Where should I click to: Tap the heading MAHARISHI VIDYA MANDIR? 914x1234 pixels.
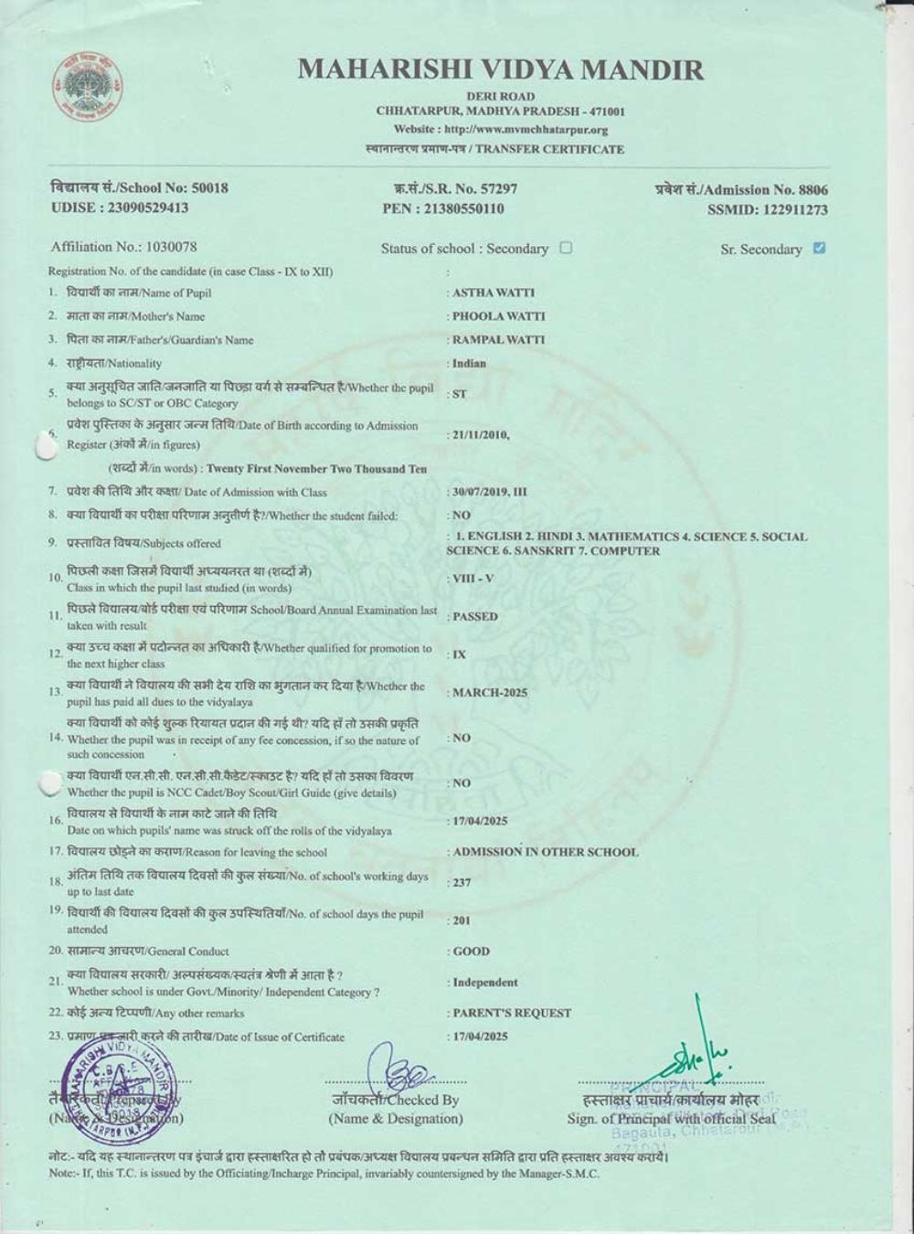point(500,69)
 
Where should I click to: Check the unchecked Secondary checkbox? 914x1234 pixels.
point(566,248)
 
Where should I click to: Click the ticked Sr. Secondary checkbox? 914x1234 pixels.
point(819,248)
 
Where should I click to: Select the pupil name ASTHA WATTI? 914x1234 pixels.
point(494,293)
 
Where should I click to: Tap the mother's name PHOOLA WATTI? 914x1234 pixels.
point(498,316)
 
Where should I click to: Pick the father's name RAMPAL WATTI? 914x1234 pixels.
point(498,339)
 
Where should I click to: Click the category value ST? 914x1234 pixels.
point(459,394)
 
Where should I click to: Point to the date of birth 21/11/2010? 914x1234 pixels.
point(480,435)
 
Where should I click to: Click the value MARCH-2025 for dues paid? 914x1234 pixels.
point(490,692)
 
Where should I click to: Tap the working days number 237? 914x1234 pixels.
point(462,883)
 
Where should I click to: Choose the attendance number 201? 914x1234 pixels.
point(462,920)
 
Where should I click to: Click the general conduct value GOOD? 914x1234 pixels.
point(471,952)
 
